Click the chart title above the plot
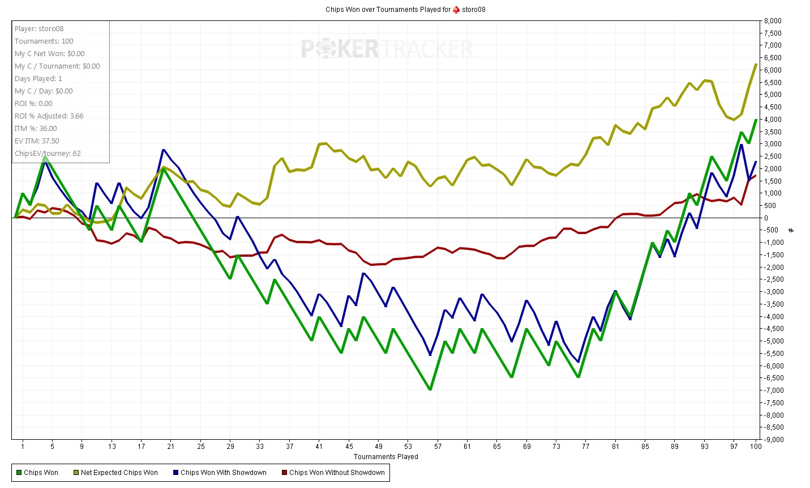405,9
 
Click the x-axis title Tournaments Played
385,456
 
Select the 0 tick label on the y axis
766,218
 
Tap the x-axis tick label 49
379,446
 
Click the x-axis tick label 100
756,446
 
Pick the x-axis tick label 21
171,446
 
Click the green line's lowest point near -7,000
430,389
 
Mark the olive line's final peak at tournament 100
756,64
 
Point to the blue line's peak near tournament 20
163,150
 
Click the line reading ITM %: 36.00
36,128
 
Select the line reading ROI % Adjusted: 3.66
49,116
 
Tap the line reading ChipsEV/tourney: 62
48,153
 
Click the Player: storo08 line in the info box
39,28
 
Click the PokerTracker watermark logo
387,49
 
